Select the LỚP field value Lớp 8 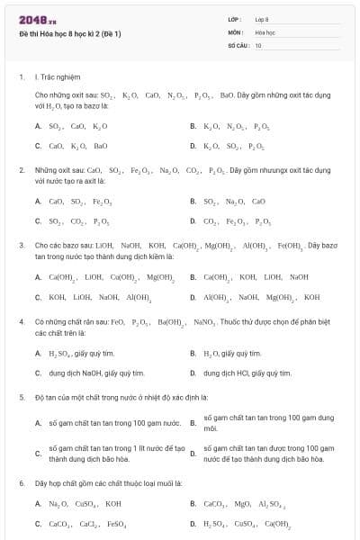tap(262, 19)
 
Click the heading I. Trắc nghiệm tap(55, 76)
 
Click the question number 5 tap(22, 396)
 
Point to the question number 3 tap(22, 245)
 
